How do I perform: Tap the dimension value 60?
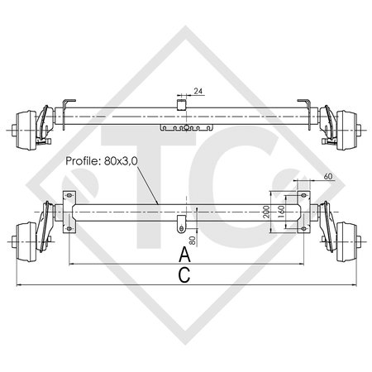(328, 177)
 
